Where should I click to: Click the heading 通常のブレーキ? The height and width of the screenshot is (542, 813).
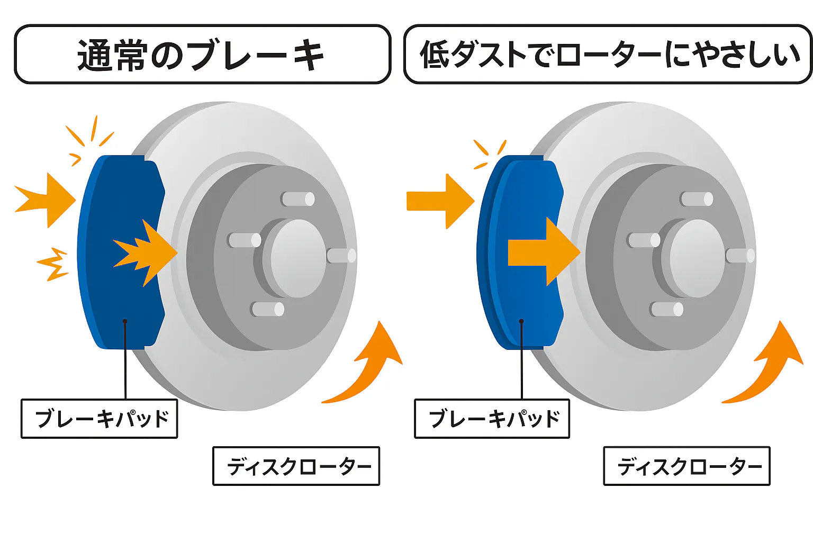201,55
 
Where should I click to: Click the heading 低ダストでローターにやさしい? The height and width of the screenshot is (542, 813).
609,55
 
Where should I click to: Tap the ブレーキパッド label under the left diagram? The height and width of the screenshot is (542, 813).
100,419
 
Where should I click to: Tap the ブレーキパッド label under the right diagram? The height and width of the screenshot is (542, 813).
492,419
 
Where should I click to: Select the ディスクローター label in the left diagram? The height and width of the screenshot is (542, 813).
296,466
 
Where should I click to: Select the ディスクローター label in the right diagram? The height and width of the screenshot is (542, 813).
687,466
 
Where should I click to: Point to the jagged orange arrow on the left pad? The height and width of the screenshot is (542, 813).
148,252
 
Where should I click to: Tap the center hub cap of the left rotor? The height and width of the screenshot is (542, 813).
296,258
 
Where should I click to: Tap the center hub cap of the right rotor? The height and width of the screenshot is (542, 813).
695,258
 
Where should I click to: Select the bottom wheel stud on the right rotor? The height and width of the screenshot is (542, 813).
667,309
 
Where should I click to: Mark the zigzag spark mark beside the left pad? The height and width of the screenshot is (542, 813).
53,264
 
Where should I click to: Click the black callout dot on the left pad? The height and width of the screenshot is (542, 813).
125,321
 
